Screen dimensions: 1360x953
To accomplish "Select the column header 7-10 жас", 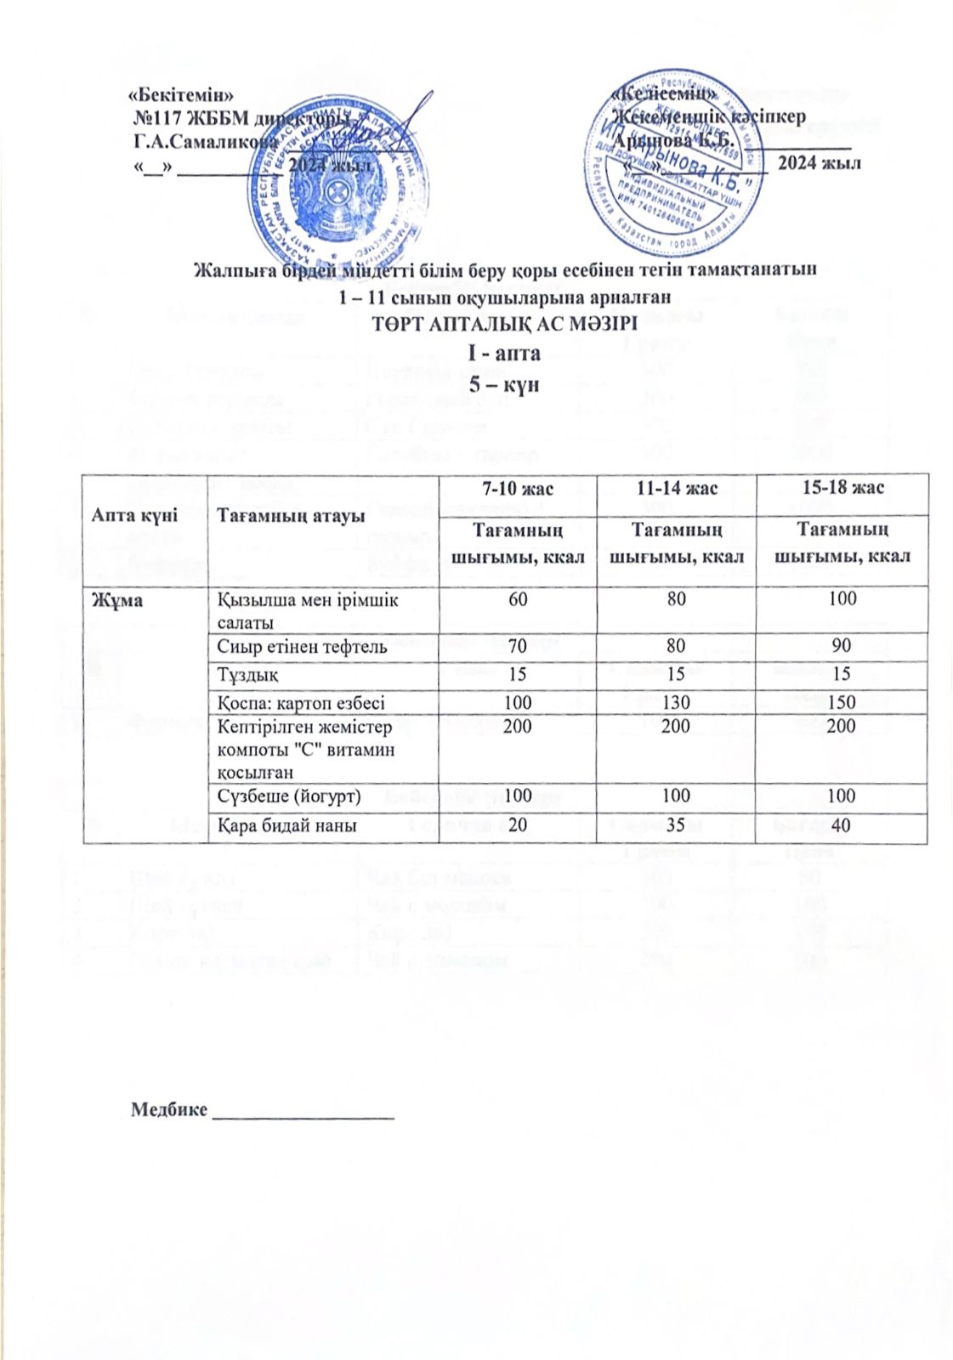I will pyautogui.click(x=517, y=488).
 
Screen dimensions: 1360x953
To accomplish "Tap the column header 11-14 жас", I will pyautogui.click(x=676, y=488).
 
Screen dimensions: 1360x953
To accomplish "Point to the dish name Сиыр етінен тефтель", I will pyautogui.click(x=303, y=647).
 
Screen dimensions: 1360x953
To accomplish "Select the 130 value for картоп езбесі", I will pyautogui.click(x=676, y=703).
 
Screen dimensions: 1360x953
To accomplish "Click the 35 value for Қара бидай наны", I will pyautogui.click(x=676, y=825).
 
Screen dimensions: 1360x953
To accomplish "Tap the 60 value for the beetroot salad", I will pyautogui.click(x=517, y=598).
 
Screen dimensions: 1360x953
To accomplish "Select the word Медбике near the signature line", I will pyautogui.click(x=168, y=1110).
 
